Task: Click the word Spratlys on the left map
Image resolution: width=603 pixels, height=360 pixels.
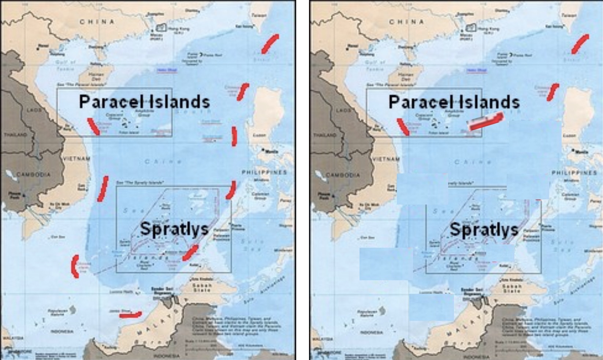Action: point(174,229)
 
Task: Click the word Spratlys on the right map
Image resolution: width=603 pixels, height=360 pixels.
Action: point(484,229)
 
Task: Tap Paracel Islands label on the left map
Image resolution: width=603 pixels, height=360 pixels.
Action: point(144,101)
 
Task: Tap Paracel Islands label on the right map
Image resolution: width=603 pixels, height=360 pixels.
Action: point(454,101)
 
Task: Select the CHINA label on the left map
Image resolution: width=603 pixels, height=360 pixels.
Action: point(97,22)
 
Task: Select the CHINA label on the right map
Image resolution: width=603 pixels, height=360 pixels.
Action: point(406,22)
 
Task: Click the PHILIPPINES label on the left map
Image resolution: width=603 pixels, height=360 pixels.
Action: point(264,172)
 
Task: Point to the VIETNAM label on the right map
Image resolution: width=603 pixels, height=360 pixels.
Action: point(386,159)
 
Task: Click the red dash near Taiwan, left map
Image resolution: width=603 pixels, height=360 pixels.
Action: point(270,43)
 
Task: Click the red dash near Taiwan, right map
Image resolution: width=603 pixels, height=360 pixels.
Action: point(580,43)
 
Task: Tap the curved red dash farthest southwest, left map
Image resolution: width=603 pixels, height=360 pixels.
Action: point(75,266)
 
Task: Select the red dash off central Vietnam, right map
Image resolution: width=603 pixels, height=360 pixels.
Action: point(403,126)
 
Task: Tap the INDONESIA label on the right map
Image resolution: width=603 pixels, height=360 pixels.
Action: point(372,332)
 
